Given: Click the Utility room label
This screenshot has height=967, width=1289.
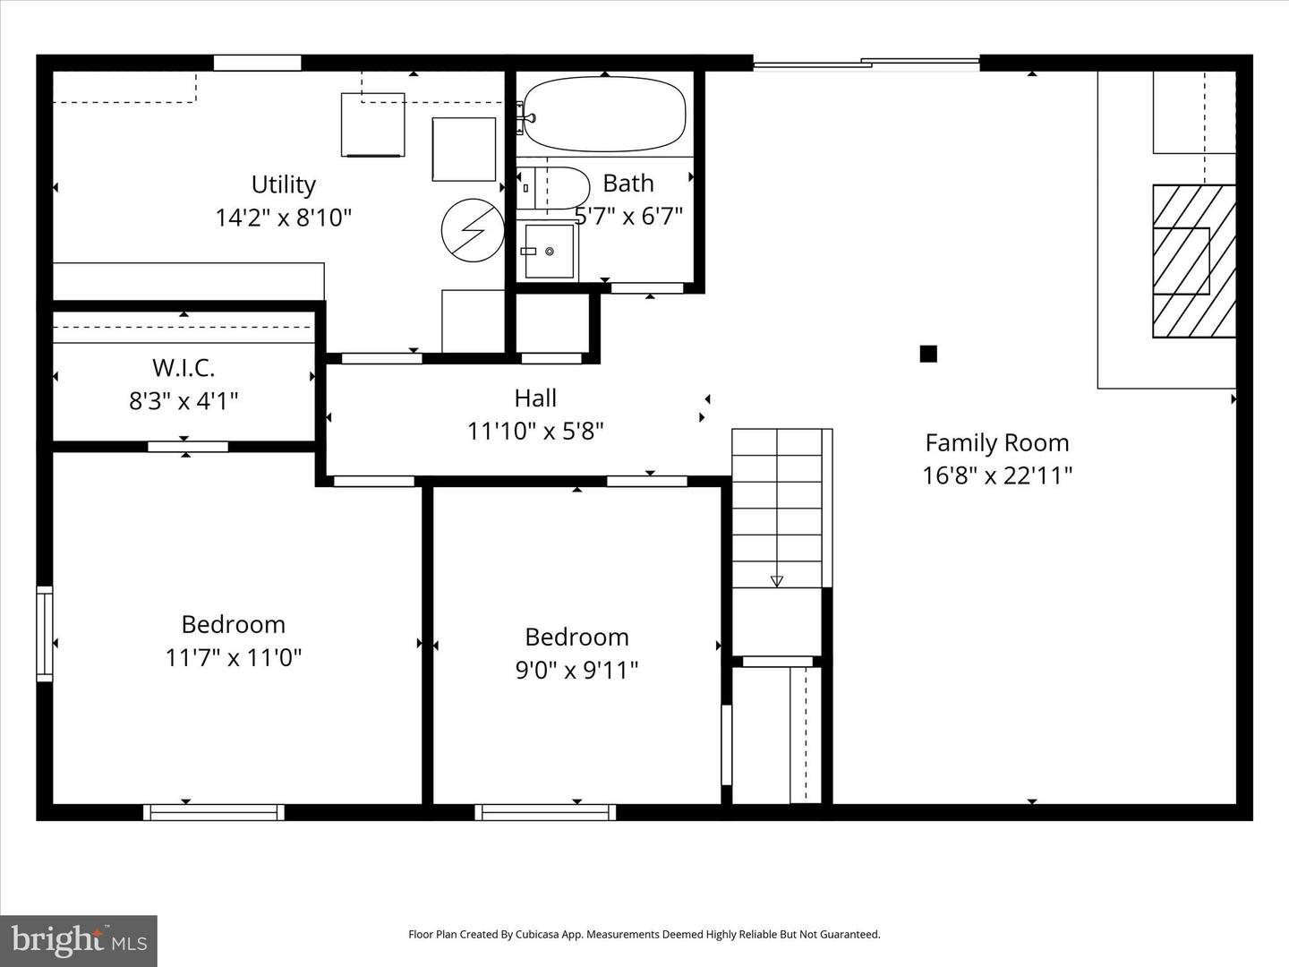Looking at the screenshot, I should point(283,184).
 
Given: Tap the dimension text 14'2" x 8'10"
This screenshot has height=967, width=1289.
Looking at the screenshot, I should point(283,218).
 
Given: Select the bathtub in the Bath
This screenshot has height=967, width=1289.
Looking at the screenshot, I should point(604,115).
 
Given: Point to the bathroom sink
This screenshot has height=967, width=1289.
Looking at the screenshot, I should point(548,252).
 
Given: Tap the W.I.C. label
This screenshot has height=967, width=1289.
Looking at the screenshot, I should point(184,368).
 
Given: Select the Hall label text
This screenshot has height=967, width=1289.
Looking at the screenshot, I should point(535,398).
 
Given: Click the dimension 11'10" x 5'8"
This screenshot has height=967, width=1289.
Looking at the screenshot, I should point(535,432).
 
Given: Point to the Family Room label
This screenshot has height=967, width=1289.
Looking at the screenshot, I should point(996,442).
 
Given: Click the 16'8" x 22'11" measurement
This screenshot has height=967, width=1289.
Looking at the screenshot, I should point(996,475).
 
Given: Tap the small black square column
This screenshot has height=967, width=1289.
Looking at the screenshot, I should point(928,354).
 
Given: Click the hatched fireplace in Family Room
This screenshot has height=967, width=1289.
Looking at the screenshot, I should point(1193,261).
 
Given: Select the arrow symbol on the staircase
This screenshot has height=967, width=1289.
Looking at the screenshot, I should point(776,580).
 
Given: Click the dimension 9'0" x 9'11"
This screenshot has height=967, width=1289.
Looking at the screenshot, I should point(576,670).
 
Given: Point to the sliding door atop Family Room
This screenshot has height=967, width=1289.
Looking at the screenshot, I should point(866,63).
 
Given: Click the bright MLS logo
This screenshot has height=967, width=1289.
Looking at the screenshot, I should point(79,940).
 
